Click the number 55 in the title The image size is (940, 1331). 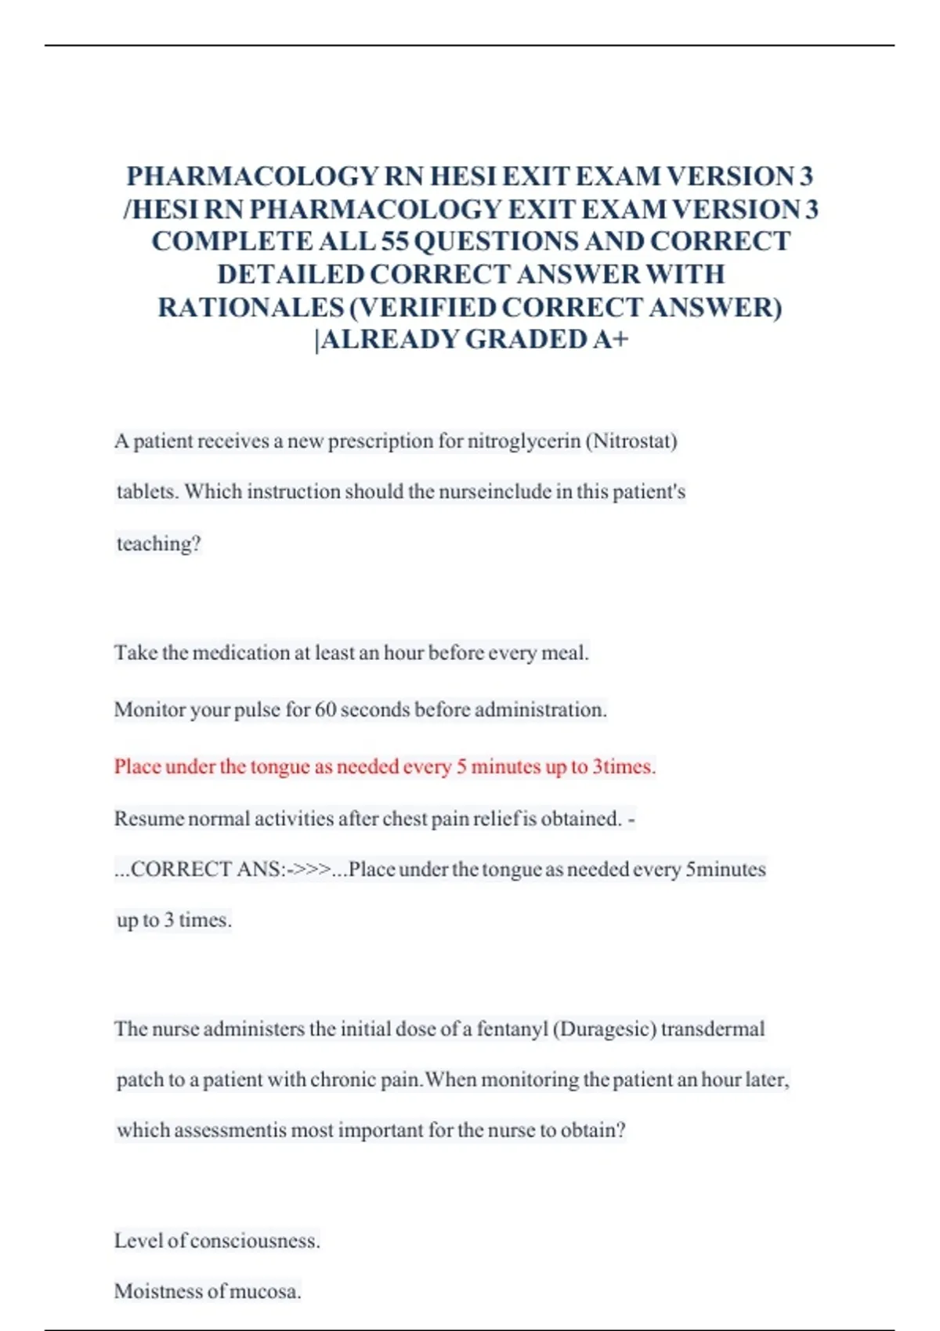[x=394, y=241]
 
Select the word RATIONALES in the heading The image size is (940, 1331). [x=251, y=307]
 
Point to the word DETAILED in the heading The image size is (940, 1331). [x=290, y=274]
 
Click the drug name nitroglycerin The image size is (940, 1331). [x=524, y=441]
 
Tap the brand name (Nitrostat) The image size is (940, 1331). [x=634, y=441]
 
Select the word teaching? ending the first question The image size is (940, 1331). [x=159, y=543]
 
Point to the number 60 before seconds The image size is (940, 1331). [x=325, y=709]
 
